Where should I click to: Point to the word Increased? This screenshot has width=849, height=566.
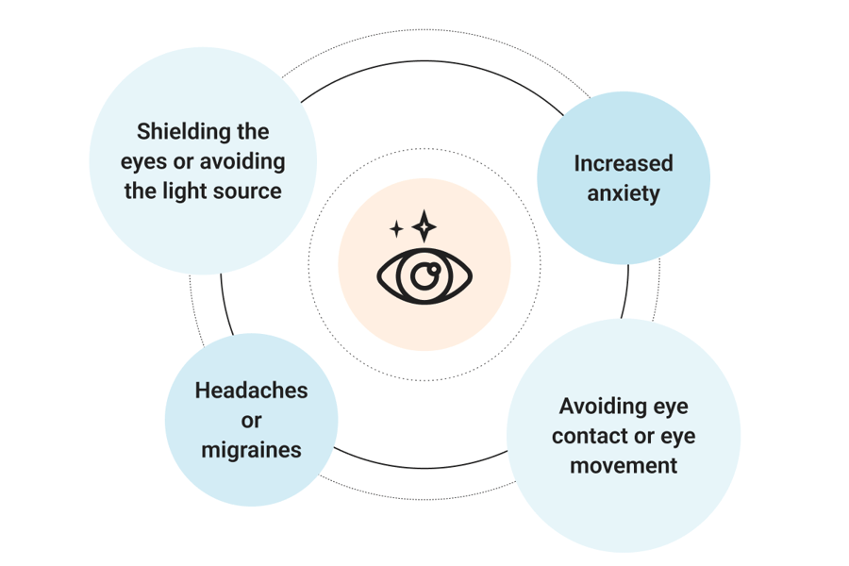(624, 163)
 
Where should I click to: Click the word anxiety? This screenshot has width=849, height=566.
(624, 194)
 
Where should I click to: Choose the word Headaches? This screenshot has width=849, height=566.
(251, 391)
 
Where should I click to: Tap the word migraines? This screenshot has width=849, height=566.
(251, 450)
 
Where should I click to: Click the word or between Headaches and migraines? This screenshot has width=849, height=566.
(251, 421)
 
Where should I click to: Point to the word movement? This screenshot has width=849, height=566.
(624, 466)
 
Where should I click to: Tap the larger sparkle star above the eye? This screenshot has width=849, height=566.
(424, 225)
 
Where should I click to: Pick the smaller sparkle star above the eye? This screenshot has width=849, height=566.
(396, 229)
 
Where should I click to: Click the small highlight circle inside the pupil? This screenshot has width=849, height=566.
(434, 268)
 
